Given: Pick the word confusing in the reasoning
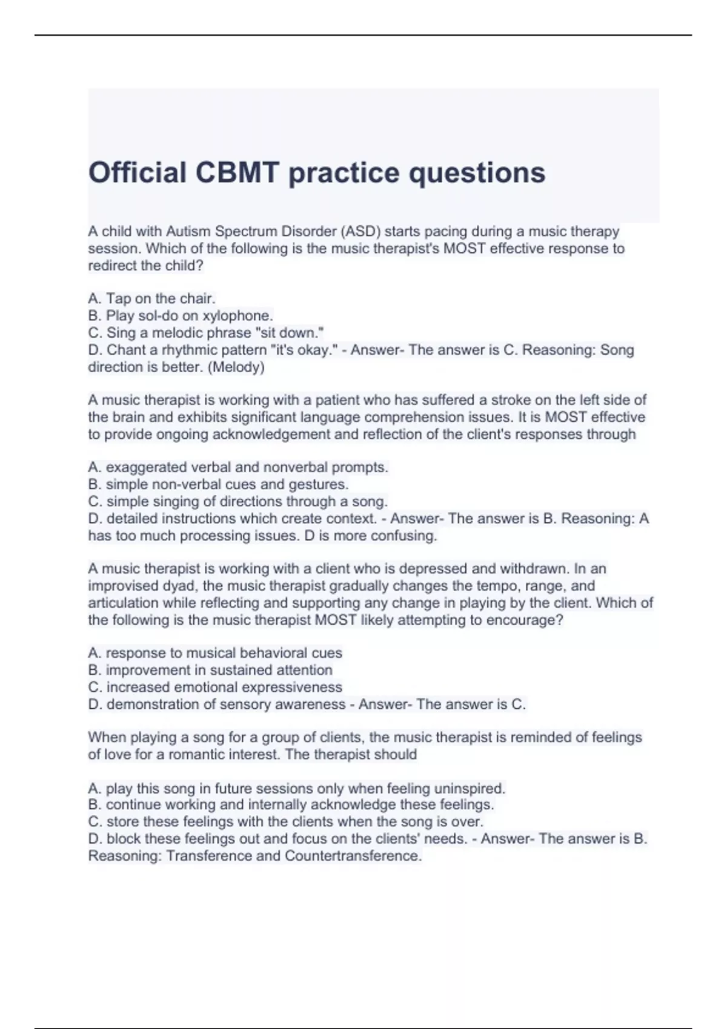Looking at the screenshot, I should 403,536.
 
